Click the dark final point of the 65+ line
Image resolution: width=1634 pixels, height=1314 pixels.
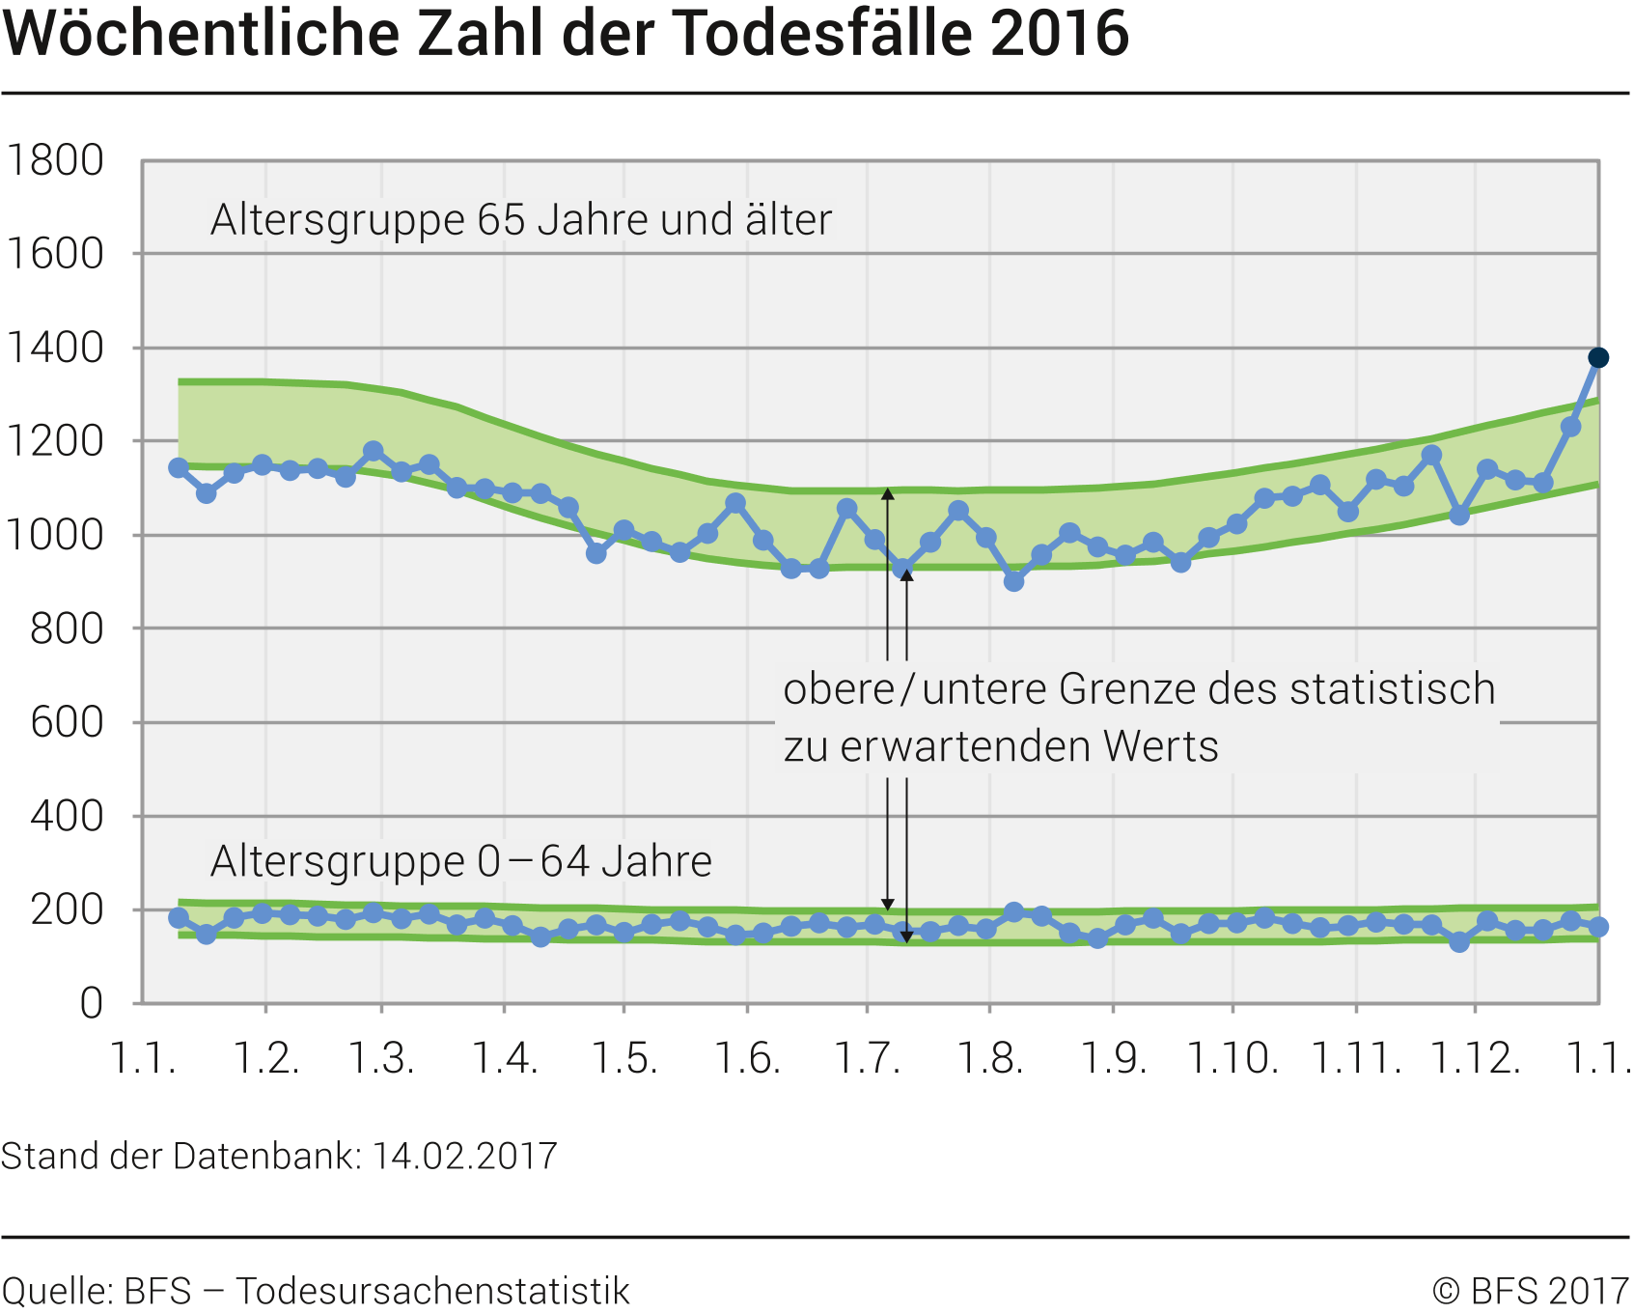pos(1598,358)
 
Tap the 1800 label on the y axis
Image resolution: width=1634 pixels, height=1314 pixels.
pos(55,160)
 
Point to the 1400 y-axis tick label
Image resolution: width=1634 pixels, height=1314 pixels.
pos(55,348)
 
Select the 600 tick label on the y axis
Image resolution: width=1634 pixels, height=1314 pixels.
pos(67,722)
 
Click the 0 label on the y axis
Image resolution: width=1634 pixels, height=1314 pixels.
pos(92,1003)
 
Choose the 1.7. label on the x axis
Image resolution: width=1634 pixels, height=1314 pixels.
pos(867,1058)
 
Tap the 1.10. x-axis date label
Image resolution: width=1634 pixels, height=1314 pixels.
pos(1232,1058)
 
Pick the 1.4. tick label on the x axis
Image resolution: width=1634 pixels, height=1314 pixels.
pos(504,1058)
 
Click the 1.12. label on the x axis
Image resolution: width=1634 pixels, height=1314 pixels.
pos(1475,1058)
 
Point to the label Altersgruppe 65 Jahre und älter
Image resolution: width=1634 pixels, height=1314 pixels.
pos(521,220)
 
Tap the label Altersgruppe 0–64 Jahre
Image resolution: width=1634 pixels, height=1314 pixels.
pos(461,861)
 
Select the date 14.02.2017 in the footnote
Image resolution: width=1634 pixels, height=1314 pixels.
pos(465,1156)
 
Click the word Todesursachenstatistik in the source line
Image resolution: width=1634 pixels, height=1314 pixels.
pos(433,1291)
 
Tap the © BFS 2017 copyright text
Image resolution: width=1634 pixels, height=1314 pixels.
pos(1531,1291)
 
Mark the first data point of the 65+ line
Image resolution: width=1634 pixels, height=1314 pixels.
pos(179,467)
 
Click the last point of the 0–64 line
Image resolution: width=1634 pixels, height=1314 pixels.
pos(1598,927)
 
